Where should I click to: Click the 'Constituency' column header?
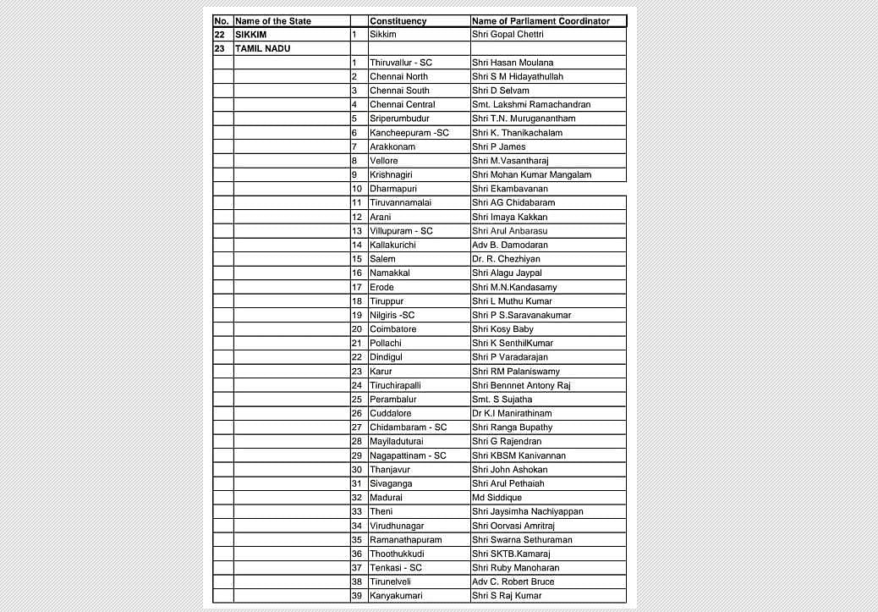(x=398, y=21)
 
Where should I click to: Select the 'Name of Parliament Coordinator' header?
(x=541, y=21)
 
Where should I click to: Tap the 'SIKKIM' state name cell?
(x=250, y=35)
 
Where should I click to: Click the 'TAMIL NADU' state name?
(x=262, y=49)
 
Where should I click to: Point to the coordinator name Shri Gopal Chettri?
(x=508, y=35)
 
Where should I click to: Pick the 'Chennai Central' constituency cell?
(x=402, y=105)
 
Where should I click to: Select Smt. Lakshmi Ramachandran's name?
(x=531, y=105)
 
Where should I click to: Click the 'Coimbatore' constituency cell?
(x=392, y=329)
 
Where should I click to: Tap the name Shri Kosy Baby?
(x=502, y=329)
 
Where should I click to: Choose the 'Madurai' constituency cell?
(x=386, y=498)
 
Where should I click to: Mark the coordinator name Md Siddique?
(x=497, y=498)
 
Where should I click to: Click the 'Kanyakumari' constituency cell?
(x=396, y=596)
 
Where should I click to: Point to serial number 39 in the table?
(x=356, y=596)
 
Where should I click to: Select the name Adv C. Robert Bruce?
(x=513, y=582)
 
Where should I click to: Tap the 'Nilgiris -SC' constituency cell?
(x=392, y=316)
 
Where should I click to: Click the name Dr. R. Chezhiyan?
(x=506, y=259)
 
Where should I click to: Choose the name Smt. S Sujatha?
(x=502, y=400)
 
